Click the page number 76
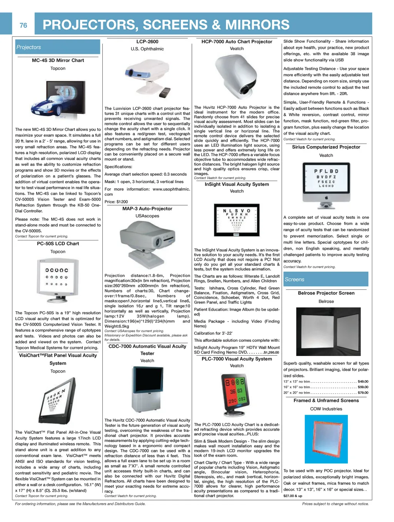point(23,25)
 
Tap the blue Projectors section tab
point(58,47)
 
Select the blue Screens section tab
point(326,279)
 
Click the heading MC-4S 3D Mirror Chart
point(58,60)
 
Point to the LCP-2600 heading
point(147,42)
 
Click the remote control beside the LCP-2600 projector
point(164,92)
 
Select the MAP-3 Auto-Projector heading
point(147,209)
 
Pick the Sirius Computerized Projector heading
point(326,147)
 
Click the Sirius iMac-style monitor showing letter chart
point(326,184)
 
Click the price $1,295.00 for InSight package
point(271,352)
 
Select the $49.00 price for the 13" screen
point(363,381)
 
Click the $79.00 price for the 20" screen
point(363,393)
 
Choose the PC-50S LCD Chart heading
point(58,244)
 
